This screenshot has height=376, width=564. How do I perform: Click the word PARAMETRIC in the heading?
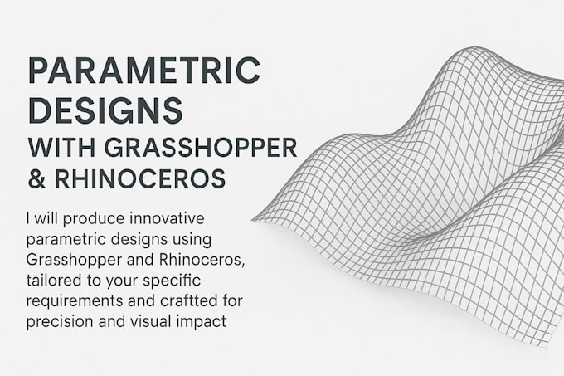(x=144, y=71)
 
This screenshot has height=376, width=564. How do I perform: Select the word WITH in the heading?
(x=59, y=147)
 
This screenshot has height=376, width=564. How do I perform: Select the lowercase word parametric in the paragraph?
(x=64, y=240)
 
